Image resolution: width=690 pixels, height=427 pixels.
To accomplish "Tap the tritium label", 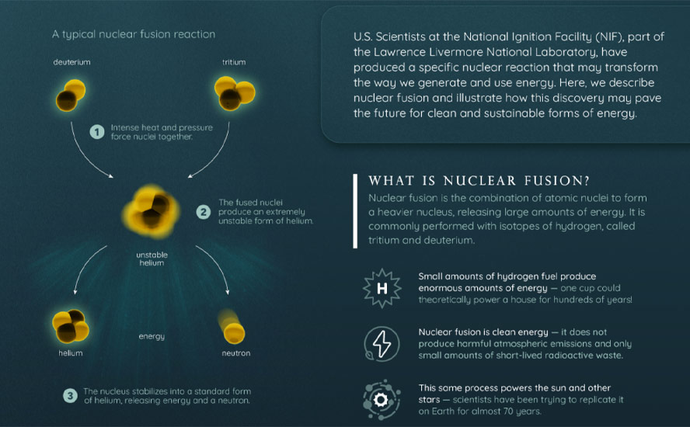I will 234,61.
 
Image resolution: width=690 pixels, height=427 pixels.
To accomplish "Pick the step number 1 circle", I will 97,132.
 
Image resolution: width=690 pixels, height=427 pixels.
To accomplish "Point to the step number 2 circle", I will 204,211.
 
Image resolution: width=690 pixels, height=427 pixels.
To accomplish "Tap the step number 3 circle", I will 70,396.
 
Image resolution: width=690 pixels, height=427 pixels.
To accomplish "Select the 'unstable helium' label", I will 152,259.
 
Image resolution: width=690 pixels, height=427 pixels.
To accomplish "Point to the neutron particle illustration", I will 233,329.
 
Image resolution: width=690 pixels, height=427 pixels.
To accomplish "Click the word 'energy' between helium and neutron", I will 152,337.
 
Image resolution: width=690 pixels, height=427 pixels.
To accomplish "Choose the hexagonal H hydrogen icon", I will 382,289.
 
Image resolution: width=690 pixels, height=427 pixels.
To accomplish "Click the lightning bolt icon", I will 382,343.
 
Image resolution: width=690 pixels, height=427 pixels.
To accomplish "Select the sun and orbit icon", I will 382,398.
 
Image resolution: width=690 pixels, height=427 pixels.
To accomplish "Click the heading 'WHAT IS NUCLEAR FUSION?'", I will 479,180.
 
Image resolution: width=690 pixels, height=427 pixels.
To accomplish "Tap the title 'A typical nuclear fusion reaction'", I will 134,34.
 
